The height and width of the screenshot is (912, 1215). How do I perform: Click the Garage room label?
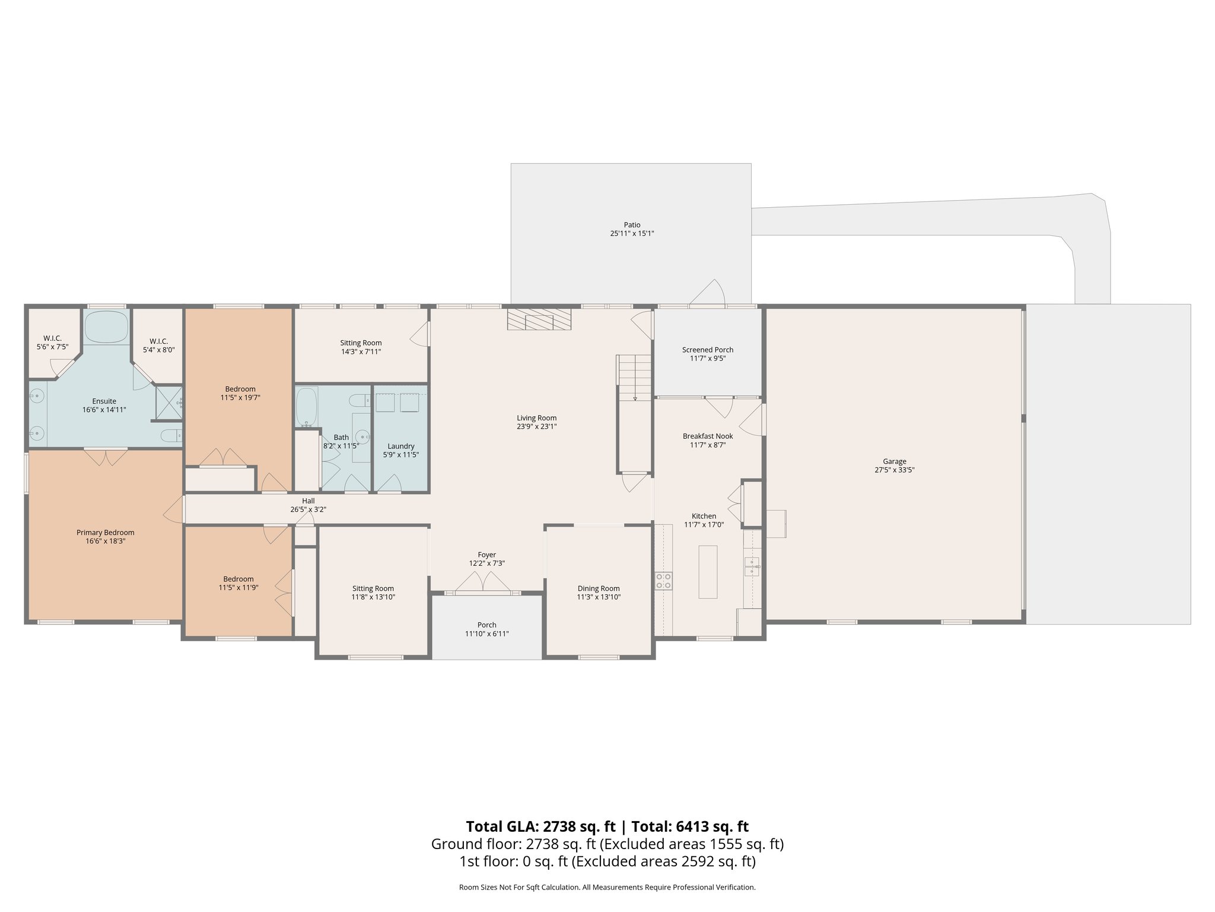pos(894,461)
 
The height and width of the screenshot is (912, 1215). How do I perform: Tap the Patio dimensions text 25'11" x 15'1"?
pos(632,234)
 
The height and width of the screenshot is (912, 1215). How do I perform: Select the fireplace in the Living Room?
pos(539,319)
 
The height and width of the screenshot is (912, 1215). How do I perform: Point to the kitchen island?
pos(708,572)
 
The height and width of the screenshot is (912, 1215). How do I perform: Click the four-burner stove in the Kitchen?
pos(663,581)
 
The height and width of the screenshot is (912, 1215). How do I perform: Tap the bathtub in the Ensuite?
pos(106,327)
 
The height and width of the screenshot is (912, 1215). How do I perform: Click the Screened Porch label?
pos(707,350)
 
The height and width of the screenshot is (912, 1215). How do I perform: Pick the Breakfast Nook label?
pos(707,436)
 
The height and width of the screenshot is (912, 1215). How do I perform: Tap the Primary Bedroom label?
pos(105,533)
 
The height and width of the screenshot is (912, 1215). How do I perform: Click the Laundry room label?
pos(400,446)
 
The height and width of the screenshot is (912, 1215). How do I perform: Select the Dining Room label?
pos(598,588)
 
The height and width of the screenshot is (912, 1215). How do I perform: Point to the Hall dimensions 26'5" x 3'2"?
pos(308,509)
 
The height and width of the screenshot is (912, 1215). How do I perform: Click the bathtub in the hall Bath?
pos(307,407)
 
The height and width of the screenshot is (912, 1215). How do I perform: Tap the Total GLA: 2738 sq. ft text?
pos(542,826)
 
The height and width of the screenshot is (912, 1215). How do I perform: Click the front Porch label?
pos(486,625)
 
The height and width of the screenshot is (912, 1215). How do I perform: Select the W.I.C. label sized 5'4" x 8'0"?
pos(158,341)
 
